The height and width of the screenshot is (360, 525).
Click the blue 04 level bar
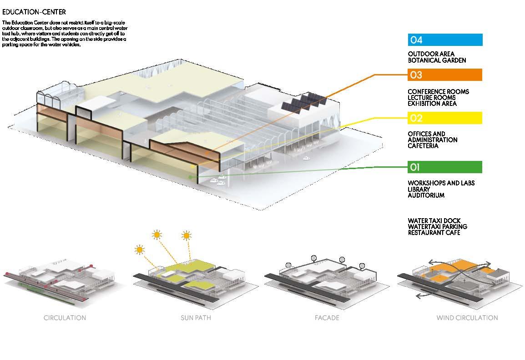pyautogui.click(x=444, y=40)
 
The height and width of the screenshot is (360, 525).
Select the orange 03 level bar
pyautogui.click(x=444, y=75)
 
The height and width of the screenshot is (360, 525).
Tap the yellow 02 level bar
pyautogui.click(x=444, y=118)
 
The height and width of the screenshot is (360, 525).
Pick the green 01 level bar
pyautogui.click(x=444, y=167)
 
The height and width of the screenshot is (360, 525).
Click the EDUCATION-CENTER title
pyautogui.click(x=34, y=12)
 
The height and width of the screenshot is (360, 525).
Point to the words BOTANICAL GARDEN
pyautogui.click(x=437, y=60)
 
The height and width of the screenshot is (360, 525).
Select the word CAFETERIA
pyautogui.click(x=423, y=146)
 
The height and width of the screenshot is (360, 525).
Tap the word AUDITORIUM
pyautogui.click(x=426, y=195)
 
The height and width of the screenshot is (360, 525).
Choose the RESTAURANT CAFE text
pyautogui.click(x=434, y=233)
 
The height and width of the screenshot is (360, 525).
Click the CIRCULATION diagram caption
pyautogui.click(x=65, y=318)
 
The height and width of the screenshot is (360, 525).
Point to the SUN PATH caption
pyautogui.click(x=196, y=318)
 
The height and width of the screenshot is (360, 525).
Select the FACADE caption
pyautogui.click(x=327, y=318)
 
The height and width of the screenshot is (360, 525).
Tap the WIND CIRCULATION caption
pyautogui.click(x=467, y=318)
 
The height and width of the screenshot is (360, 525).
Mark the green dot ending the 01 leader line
pyautogui.click(x=190, y=176)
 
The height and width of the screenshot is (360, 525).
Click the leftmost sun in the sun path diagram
pyautogui.click(x=139, y=250)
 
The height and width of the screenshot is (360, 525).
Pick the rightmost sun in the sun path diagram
pyautogui.click(x=186, y=235)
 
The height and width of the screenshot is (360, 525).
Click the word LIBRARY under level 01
pyautogui.click(x=419, y=189)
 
